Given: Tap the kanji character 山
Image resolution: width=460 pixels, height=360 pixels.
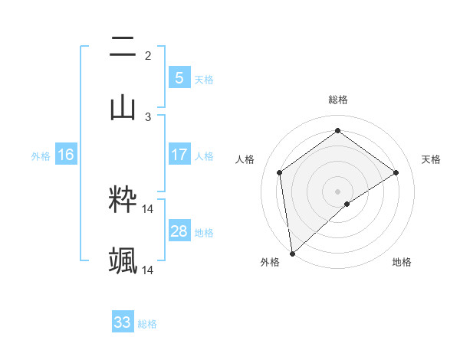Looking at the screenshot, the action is pos(123,107).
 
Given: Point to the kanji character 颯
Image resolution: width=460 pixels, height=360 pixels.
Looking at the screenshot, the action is pos(123,261).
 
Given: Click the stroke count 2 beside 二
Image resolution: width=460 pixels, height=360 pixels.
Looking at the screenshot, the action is pos(148,56).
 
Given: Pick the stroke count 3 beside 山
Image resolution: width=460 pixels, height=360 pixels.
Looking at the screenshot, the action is pos(148,116).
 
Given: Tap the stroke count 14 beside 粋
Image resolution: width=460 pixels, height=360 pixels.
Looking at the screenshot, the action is pos(148,209).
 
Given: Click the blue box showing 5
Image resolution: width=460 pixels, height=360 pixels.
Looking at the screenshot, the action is pos(179,77).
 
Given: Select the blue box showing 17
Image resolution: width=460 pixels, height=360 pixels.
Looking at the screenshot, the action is pos(179,155).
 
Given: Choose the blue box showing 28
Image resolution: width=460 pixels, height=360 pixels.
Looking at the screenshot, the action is pos(179,231).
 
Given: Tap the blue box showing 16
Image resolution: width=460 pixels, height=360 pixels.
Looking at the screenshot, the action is pos(66,155).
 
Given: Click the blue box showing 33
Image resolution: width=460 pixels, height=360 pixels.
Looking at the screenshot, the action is pos(123,322).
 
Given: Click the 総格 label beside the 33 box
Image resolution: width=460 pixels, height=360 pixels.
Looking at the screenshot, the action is pos(147,324).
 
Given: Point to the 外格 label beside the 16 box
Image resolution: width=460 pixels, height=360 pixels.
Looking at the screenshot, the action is pos(41,156).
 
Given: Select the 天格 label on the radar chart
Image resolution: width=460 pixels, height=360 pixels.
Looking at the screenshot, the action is pos(431,159).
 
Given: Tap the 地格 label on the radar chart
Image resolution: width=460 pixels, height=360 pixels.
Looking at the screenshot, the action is pos(402,263).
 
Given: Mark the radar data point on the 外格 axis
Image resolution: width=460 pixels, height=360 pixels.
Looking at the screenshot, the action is pos(292,253).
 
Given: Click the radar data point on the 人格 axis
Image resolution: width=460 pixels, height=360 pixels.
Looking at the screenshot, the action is pos(280,172).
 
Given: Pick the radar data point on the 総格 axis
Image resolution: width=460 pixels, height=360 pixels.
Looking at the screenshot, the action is pos(337,131).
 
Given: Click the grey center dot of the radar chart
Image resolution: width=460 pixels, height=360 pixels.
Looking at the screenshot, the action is pos(337,190).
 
